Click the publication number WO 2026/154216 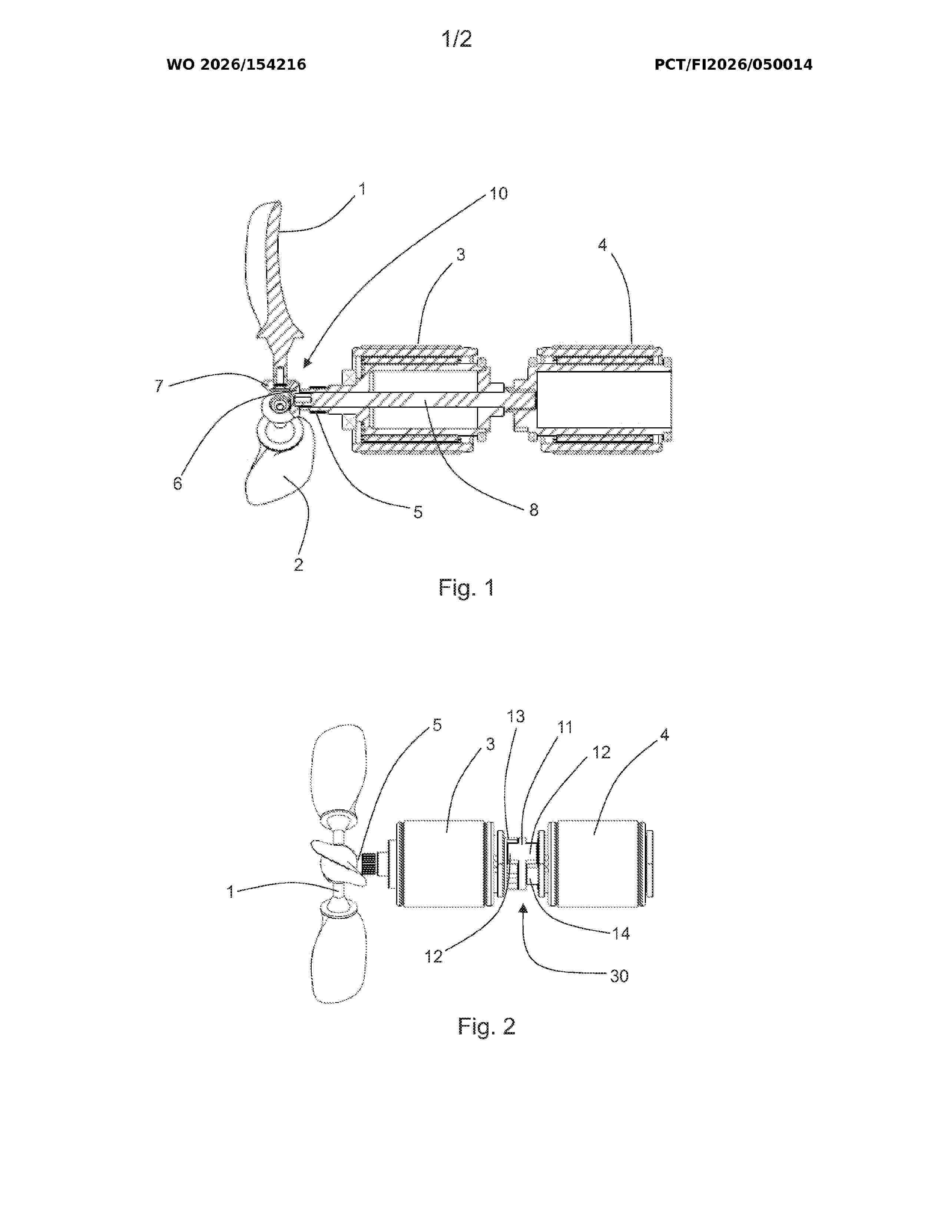(236, 65)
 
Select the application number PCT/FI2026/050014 (733, 65)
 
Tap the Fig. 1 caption (466, 587)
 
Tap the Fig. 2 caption (486, 1027)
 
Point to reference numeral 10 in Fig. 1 (498, 194)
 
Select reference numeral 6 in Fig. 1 (178, 484)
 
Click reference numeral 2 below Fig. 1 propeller (298, 564)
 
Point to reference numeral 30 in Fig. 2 (619, 976)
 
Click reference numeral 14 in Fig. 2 (621, 934)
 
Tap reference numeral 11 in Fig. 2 (565, 727)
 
